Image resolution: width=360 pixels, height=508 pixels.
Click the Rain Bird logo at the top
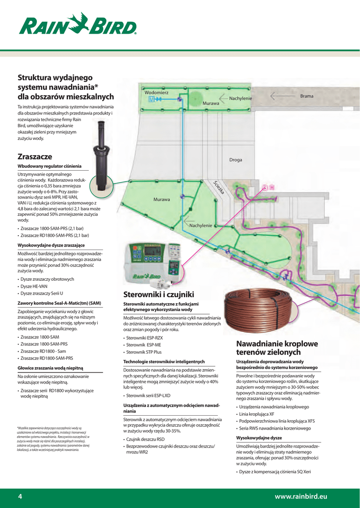coord(78,24)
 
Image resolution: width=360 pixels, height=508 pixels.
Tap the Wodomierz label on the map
coord(156,93)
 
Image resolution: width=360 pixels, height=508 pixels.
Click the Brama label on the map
coord(307,96)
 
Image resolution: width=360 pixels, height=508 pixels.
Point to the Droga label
coord(236,160)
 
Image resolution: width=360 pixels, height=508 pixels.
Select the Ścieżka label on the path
coord(219,187)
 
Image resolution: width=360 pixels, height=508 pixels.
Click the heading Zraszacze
coord(35,156)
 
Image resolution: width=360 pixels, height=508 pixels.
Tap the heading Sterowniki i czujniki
coord(158,294)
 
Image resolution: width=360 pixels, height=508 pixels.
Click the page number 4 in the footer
coord(20,496)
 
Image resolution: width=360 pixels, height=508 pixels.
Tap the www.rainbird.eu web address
coord(301,496)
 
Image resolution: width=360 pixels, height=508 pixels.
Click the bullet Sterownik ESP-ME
coord(144,345)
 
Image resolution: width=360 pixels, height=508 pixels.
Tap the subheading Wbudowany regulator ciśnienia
coord(50,166)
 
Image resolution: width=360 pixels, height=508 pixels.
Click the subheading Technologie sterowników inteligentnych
coord(164,362)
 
